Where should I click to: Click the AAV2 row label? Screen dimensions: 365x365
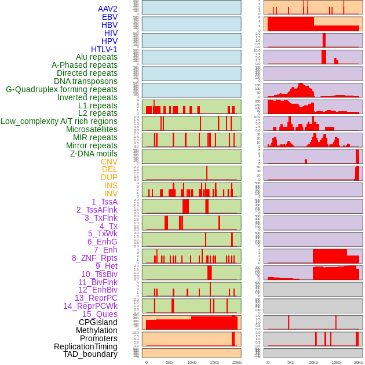click(x=108, y=9)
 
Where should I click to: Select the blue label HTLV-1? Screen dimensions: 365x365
click(x=104, y=49)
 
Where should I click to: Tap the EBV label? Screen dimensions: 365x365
click(x=110, y=17)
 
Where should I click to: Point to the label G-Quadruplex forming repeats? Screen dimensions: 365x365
click(x=61, y=89)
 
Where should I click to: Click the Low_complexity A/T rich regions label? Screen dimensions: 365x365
click(x=59, y=121)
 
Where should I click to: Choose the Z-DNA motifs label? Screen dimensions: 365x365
click(x=94, y=154)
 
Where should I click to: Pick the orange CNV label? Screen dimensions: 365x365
click(x=109, y=162)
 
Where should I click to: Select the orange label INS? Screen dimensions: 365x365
click(x=111, y=185)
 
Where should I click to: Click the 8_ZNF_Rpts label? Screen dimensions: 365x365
click(x=94, y=258)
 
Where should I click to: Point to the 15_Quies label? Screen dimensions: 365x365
click(x=100, y=314)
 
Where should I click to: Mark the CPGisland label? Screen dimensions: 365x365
click(x=98, y=322)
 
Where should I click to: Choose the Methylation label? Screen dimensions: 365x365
click(x=97, y=330)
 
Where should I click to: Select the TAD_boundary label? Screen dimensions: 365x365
click(x=90, y=354)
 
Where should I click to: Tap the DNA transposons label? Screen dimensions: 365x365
click(x=86, y=81)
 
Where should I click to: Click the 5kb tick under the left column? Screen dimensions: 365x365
click(x=169, y=362)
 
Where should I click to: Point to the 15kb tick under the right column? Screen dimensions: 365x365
click(x=336, y=362)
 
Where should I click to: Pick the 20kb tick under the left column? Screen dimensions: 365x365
click(x=236, y=362)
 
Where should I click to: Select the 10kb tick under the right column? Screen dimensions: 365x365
click(x=313, y=362)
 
